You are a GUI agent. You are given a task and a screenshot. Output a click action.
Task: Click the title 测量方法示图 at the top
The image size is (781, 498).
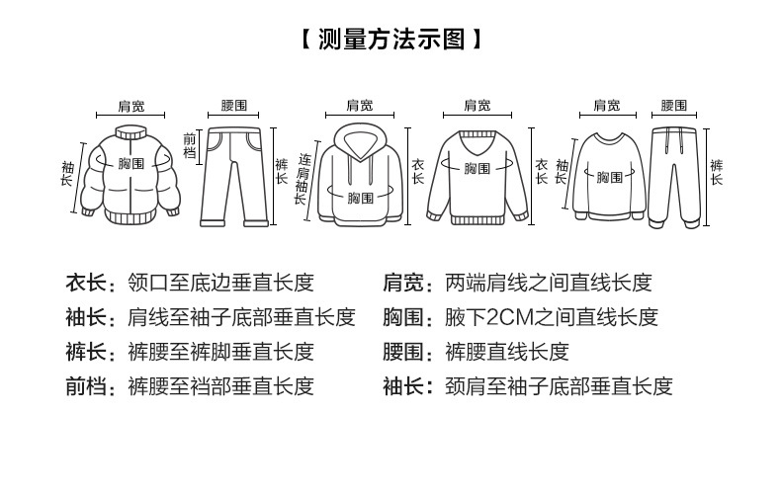click(390, 41)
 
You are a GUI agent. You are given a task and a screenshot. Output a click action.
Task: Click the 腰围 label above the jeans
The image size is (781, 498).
click(234, 105)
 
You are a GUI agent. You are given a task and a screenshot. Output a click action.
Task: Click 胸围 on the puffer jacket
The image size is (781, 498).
click(131, 162)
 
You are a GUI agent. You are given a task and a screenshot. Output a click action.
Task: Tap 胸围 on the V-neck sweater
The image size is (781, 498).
click(477, 168)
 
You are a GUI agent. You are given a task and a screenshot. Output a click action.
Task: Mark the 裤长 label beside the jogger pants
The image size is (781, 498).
click(716, 170)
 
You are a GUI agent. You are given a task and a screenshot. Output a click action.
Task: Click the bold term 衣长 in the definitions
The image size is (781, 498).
click(85, 283)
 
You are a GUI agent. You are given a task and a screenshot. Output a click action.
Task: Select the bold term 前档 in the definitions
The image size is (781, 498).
click(85, 385)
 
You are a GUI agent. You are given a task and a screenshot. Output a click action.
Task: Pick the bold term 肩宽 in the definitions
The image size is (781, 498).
click(402, 283)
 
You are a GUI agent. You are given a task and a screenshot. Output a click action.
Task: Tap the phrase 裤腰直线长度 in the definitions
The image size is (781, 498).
click(507, 352)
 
